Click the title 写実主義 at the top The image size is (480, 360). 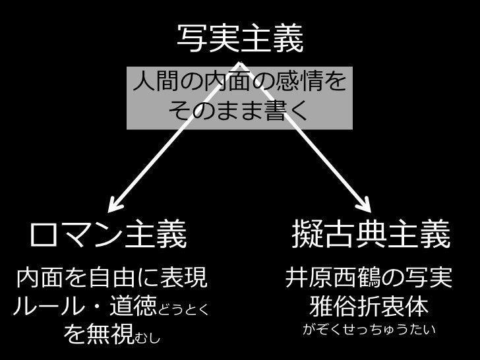(240, 40)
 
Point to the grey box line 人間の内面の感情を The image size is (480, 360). (240, 84)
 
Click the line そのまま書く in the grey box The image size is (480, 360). (240, 110)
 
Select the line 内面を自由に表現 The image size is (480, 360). (105, 278)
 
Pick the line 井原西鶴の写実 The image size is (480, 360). (369, 278)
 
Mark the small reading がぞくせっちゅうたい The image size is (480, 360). (369, 330)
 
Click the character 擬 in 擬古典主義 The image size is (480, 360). (306, 235)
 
